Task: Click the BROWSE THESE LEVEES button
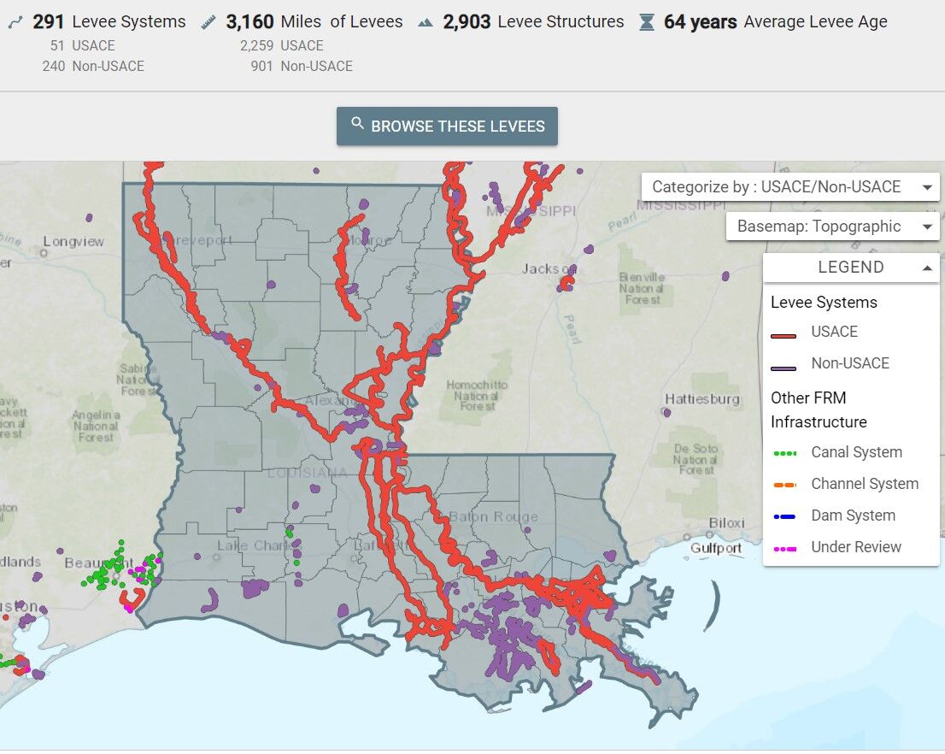(447, 127)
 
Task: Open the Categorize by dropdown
(789, 187)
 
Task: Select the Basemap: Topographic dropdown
(832, 227)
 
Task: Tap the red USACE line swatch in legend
(784, 335)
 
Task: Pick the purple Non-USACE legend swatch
(784, 368)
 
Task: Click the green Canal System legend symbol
(784, 453)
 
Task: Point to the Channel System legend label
(865, 484)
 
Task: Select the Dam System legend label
(853, 515)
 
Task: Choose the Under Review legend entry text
(856, 547)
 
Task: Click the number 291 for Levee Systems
(49, 22)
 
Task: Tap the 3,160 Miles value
(249, 22)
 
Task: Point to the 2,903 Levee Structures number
(467, 22)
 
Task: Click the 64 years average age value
(700, 22)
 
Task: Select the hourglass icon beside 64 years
(647, 23)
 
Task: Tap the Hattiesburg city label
(702, 399)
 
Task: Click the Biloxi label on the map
(726, 523)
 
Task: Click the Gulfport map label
(716, 548)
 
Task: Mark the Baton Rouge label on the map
(493, 516)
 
